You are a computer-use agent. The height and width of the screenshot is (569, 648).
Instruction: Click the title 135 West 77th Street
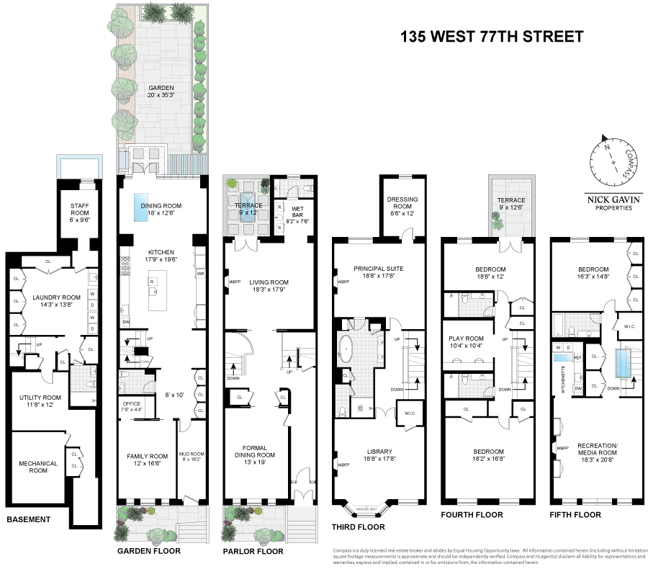click(492, 37)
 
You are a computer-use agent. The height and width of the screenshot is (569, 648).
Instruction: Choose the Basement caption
click(28, 519)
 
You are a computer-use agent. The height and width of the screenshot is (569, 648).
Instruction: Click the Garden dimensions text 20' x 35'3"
click(161, 96)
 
